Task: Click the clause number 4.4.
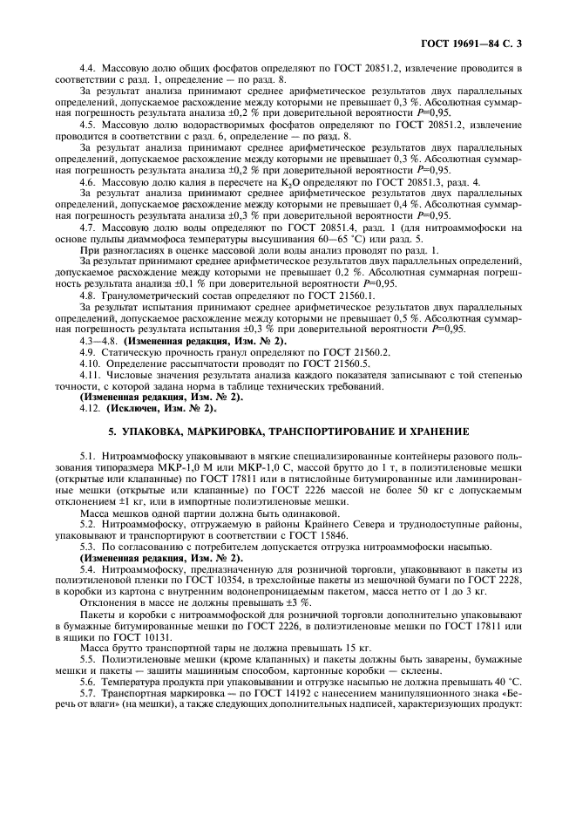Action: (x=89, y=67)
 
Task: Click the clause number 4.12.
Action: (x=91, y=409)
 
